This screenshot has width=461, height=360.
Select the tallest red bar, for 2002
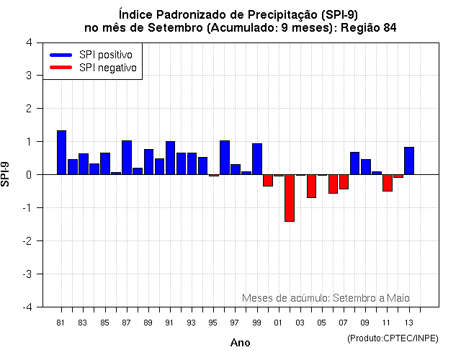tap(290, 198)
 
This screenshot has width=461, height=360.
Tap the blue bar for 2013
tap(409, 161)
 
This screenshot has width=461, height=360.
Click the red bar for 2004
tap(311, 186)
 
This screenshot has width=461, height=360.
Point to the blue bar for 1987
tap(127, 158)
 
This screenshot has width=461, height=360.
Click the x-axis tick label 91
tap(170, 323)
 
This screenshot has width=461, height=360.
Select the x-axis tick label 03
tap(300, 323)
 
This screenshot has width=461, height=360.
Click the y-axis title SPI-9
tap(6, 174)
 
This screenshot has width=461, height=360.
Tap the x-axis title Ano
tap(241, 343)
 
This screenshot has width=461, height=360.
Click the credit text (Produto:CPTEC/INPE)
tap(393, 338)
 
